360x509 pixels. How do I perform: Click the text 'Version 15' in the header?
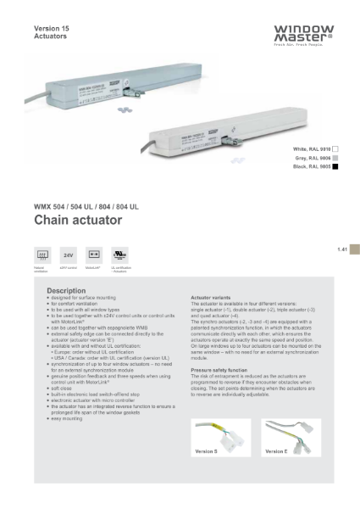(x=51, y=29)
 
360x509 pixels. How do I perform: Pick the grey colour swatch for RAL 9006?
(x=335, y=159)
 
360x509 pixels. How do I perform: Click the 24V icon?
(x=69, y=254)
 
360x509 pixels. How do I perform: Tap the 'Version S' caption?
(x=207, y=451)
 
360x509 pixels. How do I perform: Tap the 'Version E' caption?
(x=275, y=451)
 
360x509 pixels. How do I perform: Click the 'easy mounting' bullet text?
(x=69, y=419)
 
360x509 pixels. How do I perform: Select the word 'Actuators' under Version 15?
(x=49, y=38)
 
